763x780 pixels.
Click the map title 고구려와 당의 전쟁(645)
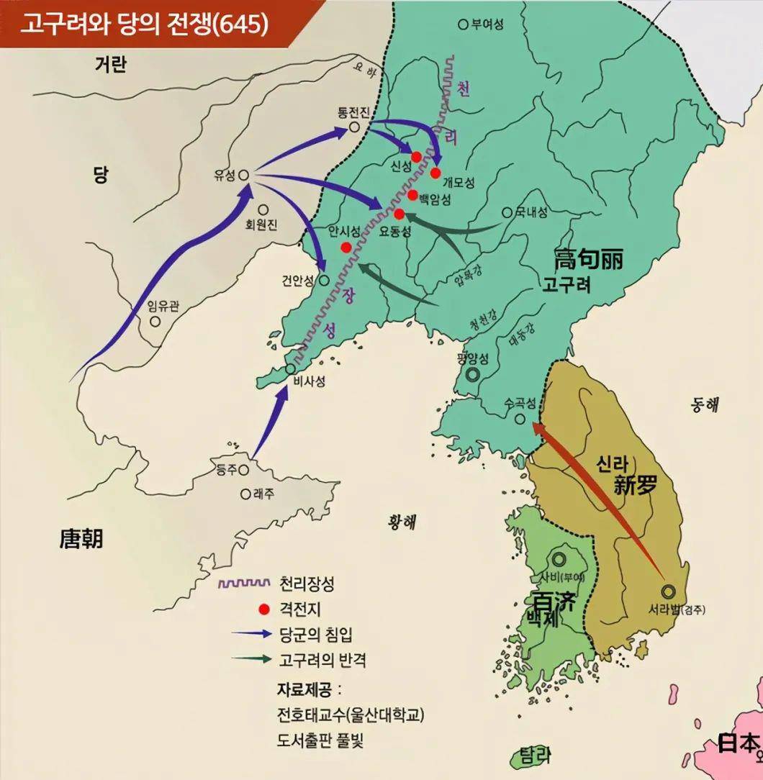[x=143, y=24]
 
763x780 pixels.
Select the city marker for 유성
[x=243, y=174]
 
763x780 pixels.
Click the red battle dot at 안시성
[x=346, y=248]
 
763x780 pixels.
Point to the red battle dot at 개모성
[x=435, y=172]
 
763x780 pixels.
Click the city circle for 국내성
[x=507, y=212]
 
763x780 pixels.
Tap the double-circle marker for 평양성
[x=473, y=373]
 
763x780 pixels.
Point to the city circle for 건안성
[x=324, y=281]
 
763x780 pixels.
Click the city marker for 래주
[x=245, y=494]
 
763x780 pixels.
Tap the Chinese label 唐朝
[x=81, y=538]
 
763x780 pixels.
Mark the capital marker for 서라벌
[x=668, y=591]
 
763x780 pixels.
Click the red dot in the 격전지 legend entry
[x=264, y=609]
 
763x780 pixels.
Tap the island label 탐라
[x=534, y=756]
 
